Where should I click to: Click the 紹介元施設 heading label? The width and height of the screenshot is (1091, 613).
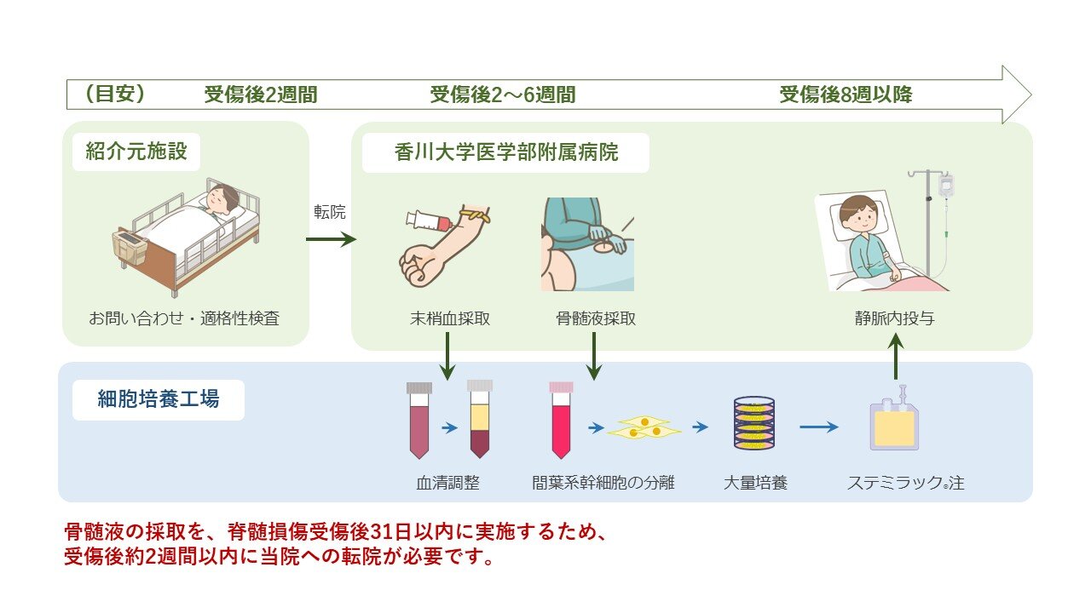(x=136, y=152)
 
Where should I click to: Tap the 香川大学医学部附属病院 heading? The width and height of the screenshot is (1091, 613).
(x=506, y=152)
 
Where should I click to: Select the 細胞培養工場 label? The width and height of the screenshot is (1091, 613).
(x=159, y=398)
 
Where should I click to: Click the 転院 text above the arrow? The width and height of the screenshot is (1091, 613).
(x=330, y=212)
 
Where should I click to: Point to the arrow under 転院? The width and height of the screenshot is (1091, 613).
(x=330, y=240)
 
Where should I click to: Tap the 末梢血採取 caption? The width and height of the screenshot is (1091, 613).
(x=449, y=319)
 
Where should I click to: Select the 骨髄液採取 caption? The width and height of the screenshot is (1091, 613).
(x=595, y=319)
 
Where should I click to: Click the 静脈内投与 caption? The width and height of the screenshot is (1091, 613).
(x=895, y=319)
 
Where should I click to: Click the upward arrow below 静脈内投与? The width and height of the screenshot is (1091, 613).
(x=895, y=356)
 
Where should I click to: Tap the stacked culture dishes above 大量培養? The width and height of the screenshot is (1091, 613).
(x=753, y=423)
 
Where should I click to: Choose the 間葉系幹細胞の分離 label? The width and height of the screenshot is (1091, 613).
(x=603, y=483)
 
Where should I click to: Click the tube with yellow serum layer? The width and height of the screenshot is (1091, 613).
(x=480, y=419)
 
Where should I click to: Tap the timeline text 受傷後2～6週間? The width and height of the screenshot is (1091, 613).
(x=502, y=95)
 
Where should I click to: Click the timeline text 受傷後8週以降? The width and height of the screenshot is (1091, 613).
(x=846, y=95)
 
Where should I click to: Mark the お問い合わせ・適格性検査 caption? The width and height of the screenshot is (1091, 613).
(x=184, y=319)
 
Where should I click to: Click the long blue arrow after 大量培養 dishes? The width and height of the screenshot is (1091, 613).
(x=819, y=427)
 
